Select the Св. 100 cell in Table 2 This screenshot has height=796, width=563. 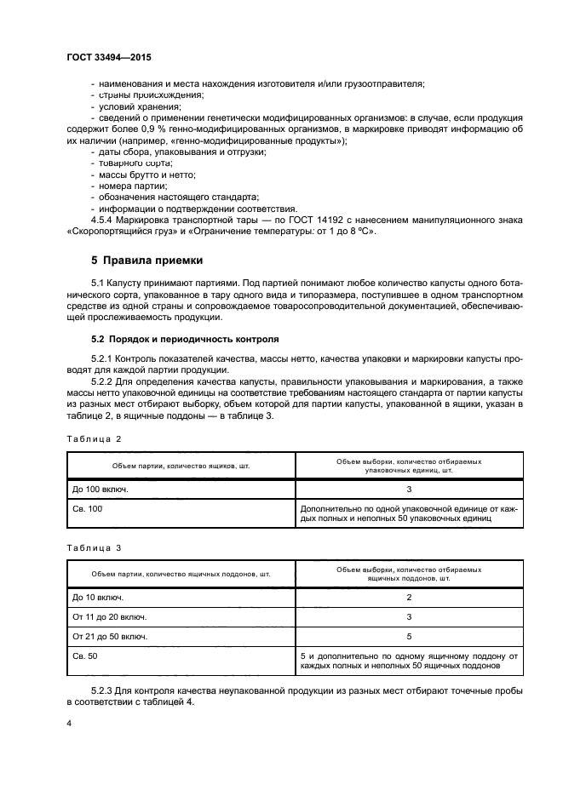point(86,508)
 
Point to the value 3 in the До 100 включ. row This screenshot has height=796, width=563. point(409,490)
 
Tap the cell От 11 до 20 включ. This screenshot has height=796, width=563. point(109,616)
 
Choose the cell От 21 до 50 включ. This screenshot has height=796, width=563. point(109,636)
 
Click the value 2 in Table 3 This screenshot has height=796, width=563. point(409,598)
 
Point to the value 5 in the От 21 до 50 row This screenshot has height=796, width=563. point(409,636)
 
